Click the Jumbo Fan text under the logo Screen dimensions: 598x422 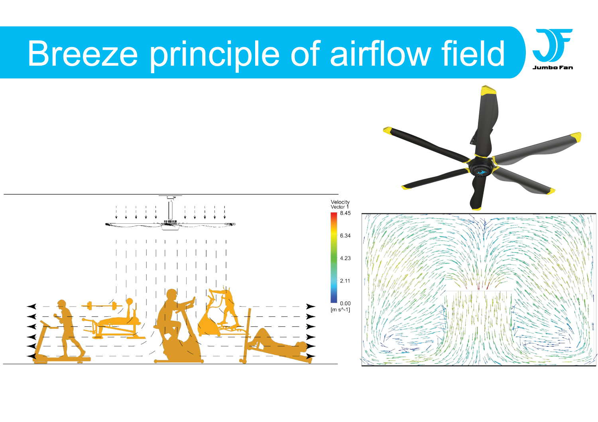(x=553, y=68)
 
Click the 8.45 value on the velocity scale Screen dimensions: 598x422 (x=345, y=213)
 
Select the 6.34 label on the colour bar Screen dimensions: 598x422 (x=345, y=236)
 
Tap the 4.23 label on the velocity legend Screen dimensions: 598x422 (x=345, y=258)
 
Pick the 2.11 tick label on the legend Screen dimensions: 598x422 (x=345, y=281)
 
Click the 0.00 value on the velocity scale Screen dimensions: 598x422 (x=345, y=303)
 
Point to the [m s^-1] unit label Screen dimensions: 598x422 (x=340, y=310)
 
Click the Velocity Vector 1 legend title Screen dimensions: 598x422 (x=340, y=205)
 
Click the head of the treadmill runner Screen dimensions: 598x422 (x=62, y=304)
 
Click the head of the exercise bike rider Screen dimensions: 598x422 (x=171, y=295)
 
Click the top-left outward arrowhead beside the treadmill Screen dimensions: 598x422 (x=31, y=307)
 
